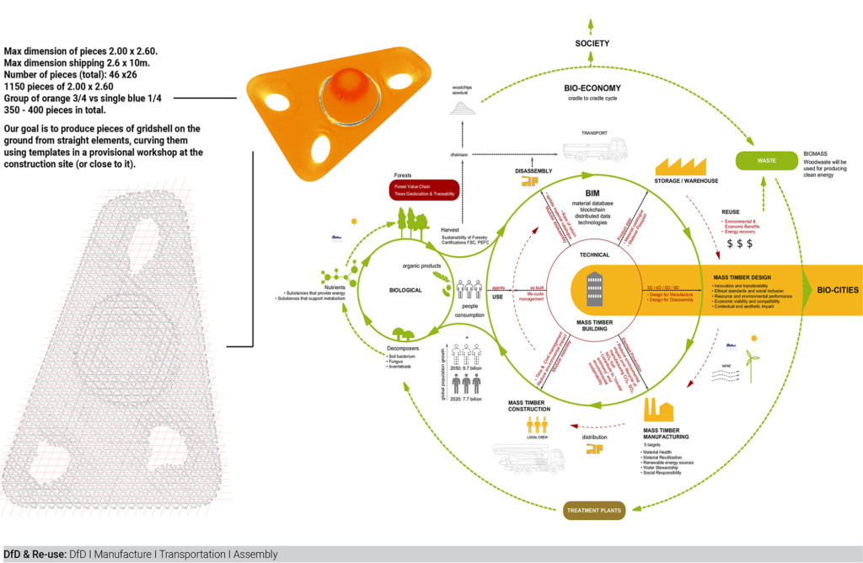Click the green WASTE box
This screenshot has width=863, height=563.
point(766,160)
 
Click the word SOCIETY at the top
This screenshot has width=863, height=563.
point(592,43)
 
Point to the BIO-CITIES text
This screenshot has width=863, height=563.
point(827,290)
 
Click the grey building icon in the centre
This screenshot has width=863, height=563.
point(594,289)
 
